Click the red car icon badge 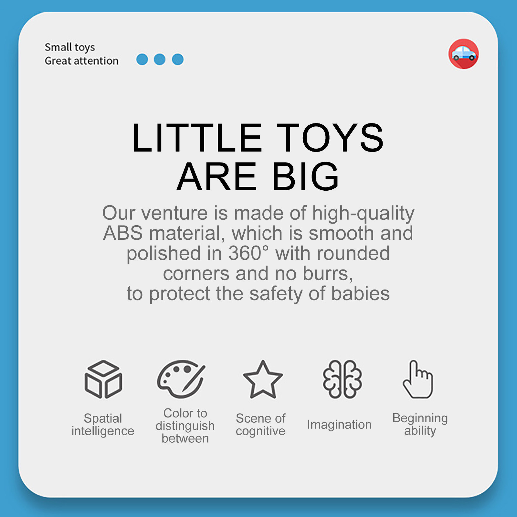coord(464,54)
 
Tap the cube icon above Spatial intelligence coord(103,379)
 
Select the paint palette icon coord(181,379)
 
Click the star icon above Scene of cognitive coord(263,379)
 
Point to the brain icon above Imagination coord(343,379)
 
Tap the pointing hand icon coord(418,379)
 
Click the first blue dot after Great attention coord(142,59)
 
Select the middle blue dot coord(160,59)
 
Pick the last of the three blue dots coord(178,59)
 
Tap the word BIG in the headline coord(305,176)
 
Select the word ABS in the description coord(123,233)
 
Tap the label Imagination coord(339,425)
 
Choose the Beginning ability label coord(420,424)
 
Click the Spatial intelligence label coord(103,425)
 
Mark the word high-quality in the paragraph coord(363,214)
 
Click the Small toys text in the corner coord(70,47)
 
